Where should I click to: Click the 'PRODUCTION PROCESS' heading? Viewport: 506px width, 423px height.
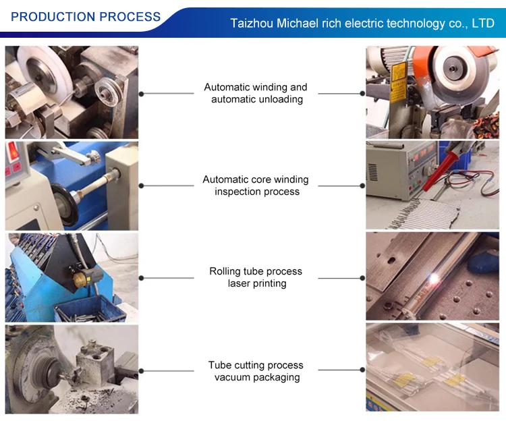86,17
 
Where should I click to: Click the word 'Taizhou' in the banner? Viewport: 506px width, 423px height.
252,23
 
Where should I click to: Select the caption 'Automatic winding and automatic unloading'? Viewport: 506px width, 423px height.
256,93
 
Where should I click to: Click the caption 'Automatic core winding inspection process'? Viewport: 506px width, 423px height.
256,186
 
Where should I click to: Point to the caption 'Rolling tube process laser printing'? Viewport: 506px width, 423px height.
256,277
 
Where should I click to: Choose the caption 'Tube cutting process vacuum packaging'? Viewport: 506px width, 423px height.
256,371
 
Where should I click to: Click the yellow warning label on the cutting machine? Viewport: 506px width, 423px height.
398,82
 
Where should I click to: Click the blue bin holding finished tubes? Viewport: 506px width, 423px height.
90,309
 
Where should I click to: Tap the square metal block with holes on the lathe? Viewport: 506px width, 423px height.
94,362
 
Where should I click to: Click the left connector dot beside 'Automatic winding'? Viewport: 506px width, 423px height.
142,94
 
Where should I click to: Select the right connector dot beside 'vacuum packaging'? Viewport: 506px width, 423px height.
362,370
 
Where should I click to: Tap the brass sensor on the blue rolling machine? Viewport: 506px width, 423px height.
80,279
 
